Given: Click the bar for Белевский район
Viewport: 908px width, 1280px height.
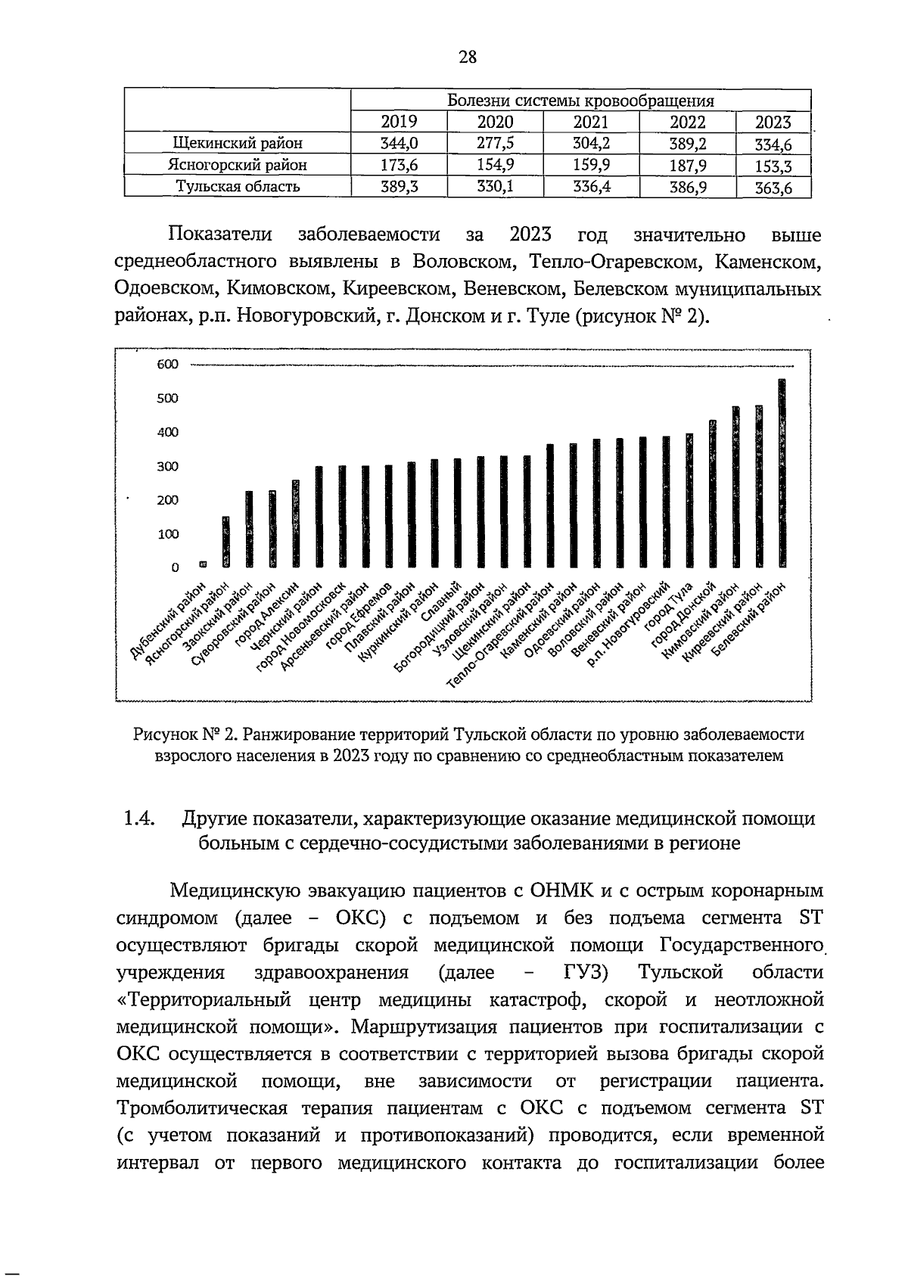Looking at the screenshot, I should (x=782, y=473).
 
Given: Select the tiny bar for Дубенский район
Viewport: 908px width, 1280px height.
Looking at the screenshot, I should (x=202, y=564).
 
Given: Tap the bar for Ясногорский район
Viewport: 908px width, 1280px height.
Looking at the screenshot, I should (x=225, y=542).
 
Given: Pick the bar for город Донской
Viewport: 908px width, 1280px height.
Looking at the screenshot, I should (x=712, y=493).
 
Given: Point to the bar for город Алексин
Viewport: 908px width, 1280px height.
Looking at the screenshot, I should (x=295, y=523).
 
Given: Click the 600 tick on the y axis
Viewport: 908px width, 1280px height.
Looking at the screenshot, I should (x=167, y=365).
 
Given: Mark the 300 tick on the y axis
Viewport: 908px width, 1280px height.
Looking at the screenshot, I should (x=167, y=466).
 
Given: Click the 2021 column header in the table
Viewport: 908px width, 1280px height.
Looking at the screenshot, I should (x=591, y=123).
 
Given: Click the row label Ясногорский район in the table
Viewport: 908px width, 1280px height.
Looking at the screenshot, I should (x=238, y=165).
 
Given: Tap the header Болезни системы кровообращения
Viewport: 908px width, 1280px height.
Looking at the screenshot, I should (x=581, y=101).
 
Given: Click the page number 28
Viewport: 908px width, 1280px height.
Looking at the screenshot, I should (x=467, y=56).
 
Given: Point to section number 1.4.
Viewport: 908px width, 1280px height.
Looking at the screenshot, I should (x=138, y=819).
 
